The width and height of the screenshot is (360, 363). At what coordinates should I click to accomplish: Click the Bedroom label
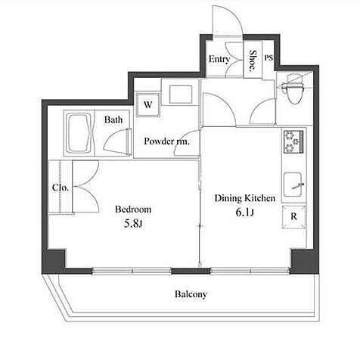point(133,209)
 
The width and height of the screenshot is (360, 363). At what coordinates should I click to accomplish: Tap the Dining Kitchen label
point(245,198)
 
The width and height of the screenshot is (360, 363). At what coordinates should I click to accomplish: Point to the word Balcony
point(191,294)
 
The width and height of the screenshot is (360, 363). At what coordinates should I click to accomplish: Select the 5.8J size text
point(133,224)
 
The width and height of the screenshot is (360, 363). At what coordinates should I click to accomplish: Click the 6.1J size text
point(244,213)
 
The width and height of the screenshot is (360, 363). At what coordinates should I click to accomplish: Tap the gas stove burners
point(293,141)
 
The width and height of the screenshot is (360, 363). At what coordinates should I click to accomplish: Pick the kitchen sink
point(293,185)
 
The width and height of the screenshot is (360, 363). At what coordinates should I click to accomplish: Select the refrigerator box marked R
point(294,217)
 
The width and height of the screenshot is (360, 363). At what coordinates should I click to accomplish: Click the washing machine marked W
point(148,105)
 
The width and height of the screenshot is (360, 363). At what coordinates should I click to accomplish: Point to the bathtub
point(79,133)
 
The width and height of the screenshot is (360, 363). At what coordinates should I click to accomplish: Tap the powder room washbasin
point(181,95)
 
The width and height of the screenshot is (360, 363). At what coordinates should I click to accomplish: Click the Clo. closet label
point(61,188)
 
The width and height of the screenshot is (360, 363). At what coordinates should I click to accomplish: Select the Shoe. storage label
point(253,60)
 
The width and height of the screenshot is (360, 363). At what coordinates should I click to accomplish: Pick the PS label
point(268,58)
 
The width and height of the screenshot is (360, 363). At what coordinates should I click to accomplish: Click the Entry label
point(219,60)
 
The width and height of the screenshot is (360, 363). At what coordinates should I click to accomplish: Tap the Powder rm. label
point(166,141)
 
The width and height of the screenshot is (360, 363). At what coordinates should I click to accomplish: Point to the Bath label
point(113,119)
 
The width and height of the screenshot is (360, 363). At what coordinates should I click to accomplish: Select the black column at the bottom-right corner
point(303,261)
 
